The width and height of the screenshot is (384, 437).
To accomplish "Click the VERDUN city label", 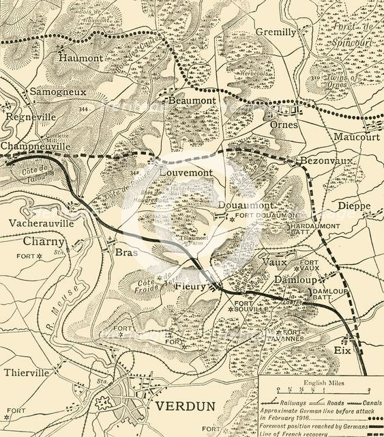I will [x=186, y=407].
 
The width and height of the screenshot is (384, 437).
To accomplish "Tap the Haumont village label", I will [x=80, y=59].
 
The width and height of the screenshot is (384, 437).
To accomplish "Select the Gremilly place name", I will [x=276, y=32].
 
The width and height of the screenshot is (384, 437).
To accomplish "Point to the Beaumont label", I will [x=192, y=100].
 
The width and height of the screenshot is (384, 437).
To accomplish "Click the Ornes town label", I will [x=284, y=125].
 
